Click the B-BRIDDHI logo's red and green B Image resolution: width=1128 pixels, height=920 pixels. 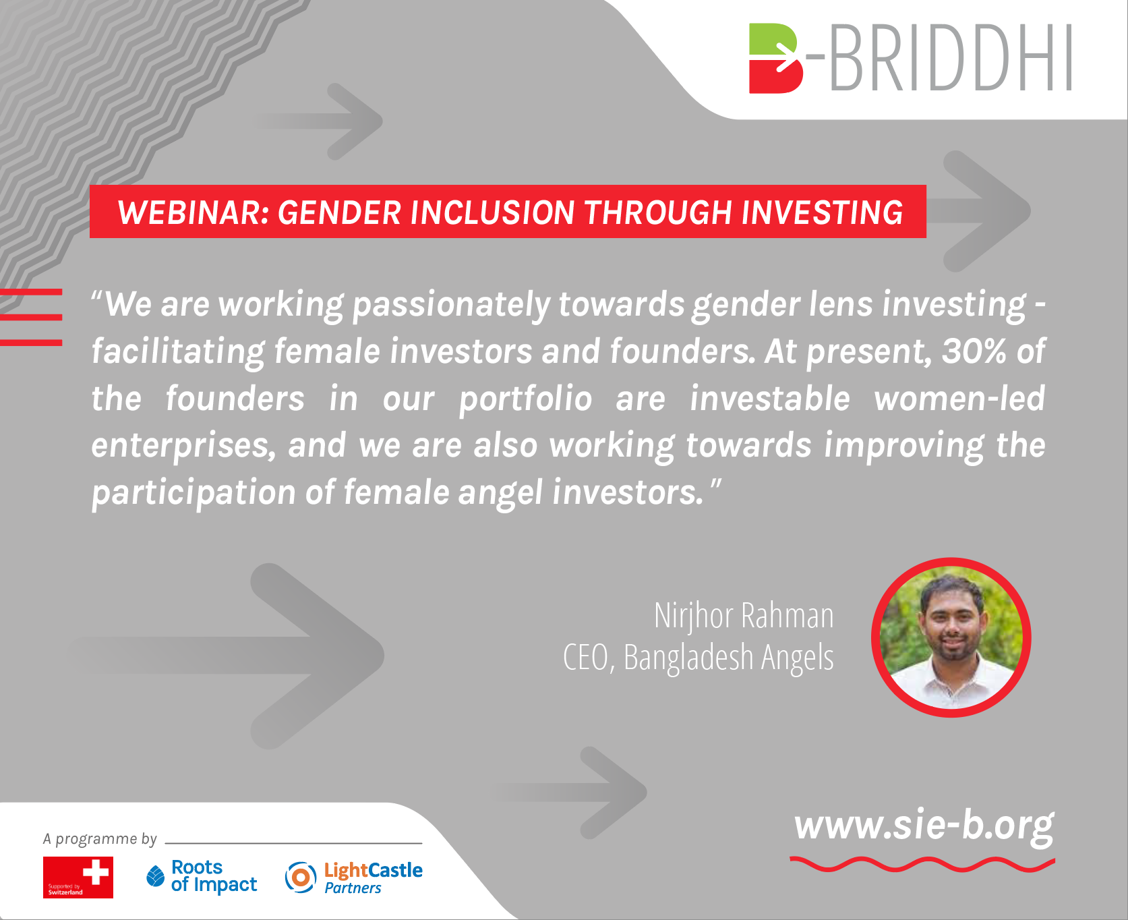tap(775, 59)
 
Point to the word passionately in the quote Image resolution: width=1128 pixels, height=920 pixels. tap(451, 305)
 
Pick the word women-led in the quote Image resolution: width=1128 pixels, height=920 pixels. tap(959, 398)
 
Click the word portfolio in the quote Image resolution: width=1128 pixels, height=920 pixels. tap(525, 399)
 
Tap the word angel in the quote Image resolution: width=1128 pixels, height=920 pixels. tap(500, 492)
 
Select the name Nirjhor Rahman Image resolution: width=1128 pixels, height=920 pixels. tap(744, 616)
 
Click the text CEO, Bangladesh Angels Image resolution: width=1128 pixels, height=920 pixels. tap(699, 658)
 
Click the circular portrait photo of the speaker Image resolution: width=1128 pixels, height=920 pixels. tap(951, 637)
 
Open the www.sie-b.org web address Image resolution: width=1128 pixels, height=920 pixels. tap(924, 825)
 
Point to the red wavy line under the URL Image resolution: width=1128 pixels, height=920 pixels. tap(922, 864)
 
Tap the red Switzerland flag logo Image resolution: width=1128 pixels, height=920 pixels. tap(78, 878)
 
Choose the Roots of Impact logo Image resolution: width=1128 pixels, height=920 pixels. tap(202, 876)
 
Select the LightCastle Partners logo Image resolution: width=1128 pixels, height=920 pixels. tap(354, 878)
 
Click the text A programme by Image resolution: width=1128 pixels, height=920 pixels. tap(100, 839)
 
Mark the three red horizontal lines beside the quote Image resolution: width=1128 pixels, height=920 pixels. tap(31, 317)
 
